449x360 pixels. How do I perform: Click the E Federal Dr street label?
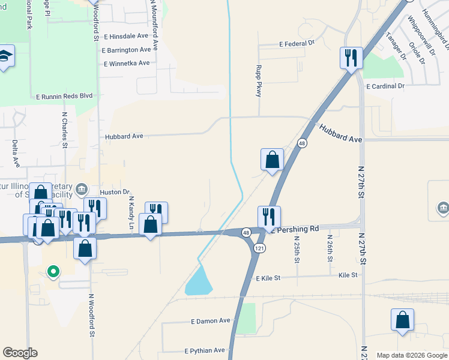pyautogui.click(x=297, y=44)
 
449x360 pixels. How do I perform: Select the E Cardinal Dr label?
pyautogui.click(x=385, y=86)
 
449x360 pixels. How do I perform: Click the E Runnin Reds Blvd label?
pyautogui.click(x=65, y=96)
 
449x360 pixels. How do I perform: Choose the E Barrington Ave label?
pyautogui.click(x=126, y=50)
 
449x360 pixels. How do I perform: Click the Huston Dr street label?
pyautogui.click(x=115, y=192)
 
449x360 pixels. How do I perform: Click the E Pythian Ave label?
pyautogui.click(x=205, y=350)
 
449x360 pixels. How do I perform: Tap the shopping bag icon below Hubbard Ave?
pyautogui.click(x=272, y=160)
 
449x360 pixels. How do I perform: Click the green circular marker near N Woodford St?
pyautogui.click(x=53, y=272)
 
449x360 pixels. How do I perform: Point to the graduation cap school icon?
pyautogui.click(x=6, y=56)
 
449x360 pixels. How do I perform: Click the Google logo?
pyautogui.click(x=20, y=353)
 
